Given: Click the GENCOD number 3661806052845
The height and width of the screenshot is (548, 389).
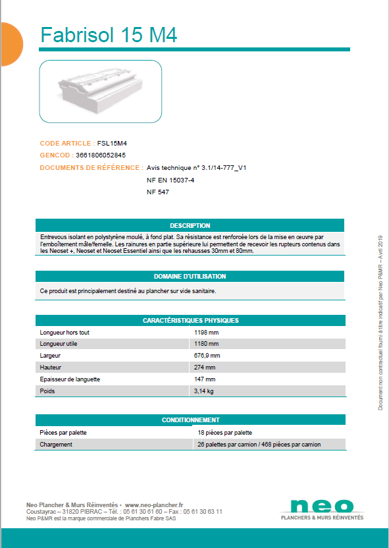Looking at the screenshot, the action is coord(101,155).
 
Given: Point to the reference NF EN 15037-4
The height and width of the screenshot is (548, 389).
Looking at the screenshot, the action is coord(170,180).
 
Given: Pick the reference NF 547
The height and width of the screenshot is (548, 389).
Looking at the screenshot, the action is coord(158,192).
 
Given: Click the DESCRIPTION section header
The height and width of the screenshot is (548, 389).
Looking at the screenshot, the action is coord(190,226).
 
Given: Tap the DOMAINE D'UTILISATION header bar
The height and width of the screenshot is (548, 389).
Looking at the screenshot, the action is coord(190,277).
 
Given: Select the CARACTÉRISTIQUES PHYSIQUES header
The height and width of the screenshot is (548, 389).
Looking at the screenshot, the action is coord(190,321).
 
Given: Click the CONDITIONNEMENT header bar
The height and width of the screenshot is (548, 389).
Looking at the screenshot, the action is coord(190,420).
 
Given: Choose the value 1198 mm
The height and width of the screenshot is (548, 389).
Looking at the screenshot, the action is coord(207,333).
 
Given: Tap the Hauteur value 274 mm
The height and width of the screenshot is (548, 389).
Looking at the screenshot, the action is coord(205,368).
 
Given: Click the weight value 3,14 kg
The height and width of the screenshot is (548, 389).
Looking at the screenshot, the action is coord(204,391).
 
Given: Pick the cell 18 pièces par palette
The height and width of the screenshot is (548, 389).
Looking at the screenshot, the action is coord(224,433).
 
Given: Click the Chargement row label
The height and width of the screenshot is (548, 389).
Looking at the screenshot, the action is coord(56,445).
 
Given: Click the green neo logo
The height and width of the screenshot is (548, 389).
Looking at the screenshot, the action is coord(322,506).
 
